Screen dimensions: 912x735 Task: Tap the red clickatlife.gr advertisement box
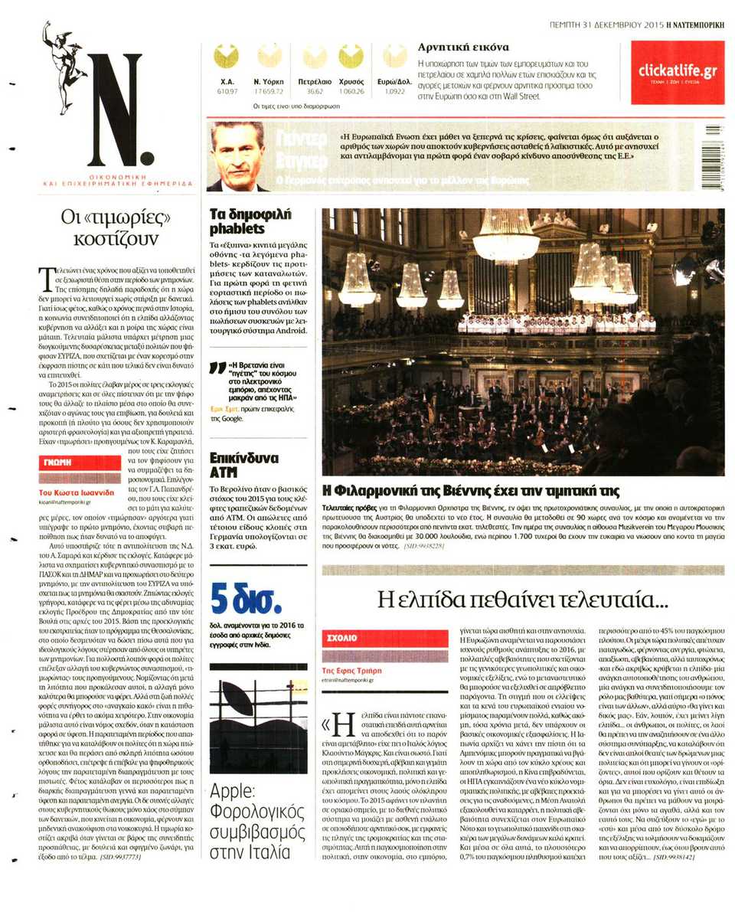tap(677, 72)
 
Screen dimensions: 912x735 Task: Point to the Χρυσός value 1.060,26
tap(351, 92)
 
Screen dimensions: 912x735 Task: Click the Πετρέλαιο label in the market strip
tap(314, 80)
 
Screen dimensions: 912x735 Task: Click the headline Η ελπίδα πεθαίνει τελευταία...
tap(523, 598)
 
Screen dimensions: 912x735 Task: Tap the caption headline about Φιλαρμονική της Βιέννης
tap(471, 491)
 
